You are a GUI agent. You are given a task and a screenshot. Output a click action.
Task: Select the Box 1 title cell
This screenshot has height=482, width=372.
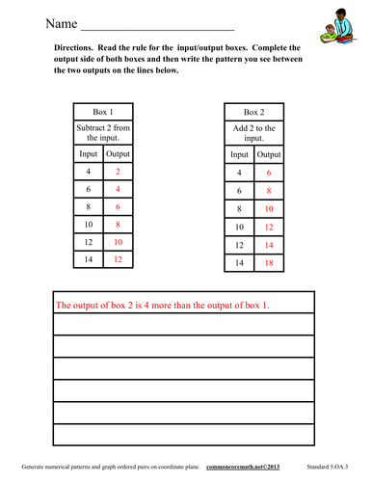[100, 111]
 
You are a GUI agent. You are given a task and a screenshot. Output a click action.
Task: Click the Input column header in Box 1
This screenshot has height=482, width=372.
[87, 153]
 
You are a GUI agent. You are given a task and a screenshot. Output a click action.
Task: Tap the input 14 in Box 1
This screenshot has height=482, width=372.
[87, 259]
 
